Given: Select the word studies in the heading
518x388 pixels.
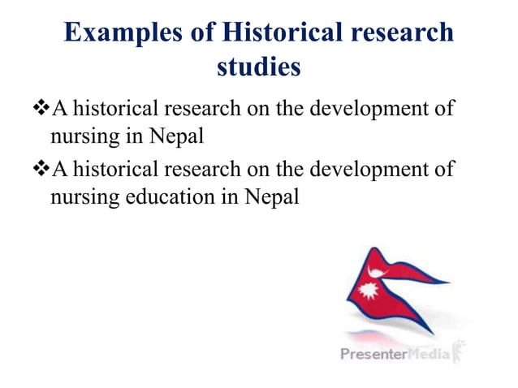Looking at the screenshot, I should point(259,68).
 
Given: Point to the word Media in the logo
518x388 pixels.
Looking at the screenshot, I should point(433,355).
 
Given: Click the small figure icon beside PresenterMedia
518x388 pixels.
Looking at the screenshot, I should point(460,351).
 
